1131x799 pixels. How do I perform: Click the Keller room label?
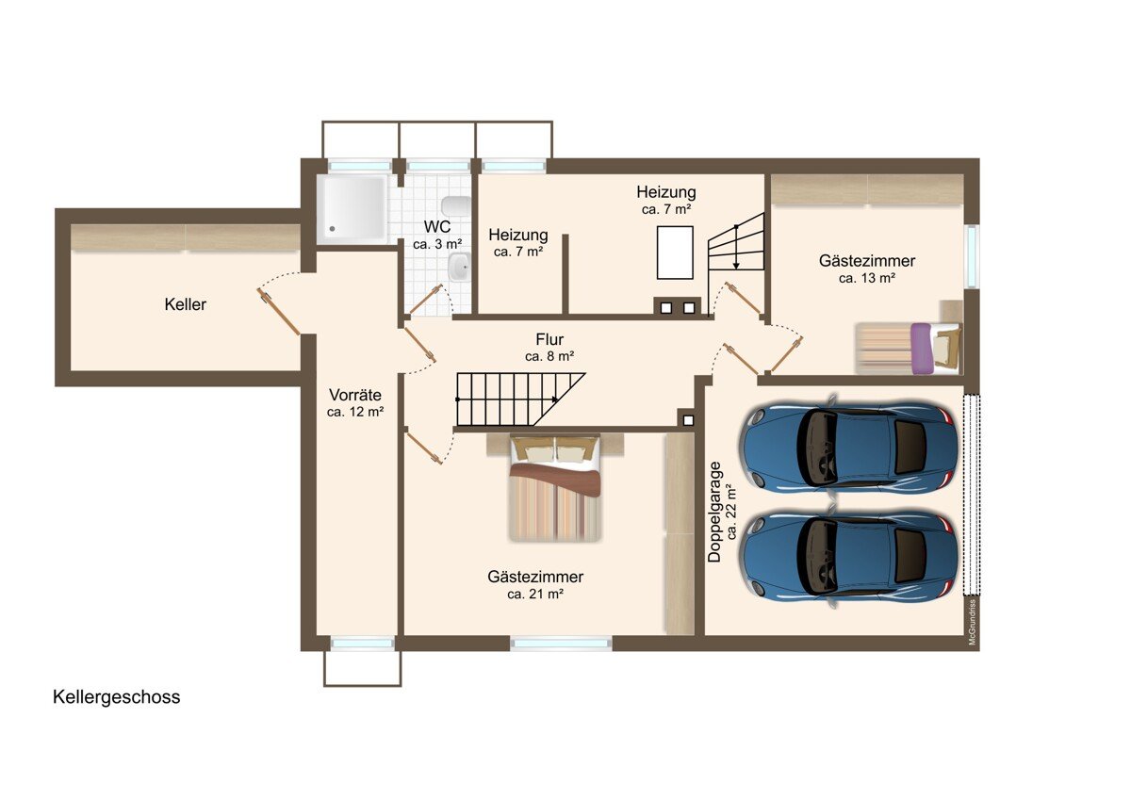[186, 304]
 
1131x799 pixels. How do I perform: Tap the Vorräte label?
[355, 394]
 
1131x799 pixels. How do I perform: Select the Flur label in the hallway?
[549, 339]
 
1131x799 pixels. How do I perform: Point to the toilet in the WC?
[456, 205]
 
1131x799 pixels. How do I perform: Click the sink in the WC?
[460, 266]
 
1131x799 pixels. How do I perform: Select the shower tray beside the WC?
[352, 208]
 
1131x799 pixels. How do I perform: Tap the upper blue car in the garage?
[848, 448]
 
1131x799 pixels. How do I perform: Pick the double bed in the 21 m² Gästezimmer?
[555, 487]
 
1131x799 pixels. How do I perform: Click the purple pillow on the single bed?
[921, 349]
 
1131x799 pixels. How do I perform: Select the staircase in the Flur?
[520, 399]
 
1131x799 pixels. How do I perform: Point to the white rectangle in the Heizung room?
[675, 253]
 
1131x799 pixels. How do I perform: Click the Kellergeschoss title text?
[117, 697]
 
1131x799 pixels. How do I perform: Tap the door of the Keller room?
[279, 312]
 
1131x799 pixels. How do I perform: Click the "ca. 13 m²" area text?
[867, 278]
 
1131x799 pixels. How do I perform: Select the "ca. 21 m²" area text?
[535, 595]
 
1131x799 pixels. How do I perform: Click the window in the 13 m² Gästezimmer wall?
[972, 256]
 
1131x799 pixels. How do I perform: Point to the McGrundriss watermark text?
[972, 622]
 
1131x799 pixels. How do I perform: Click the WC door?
[426, 300]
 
